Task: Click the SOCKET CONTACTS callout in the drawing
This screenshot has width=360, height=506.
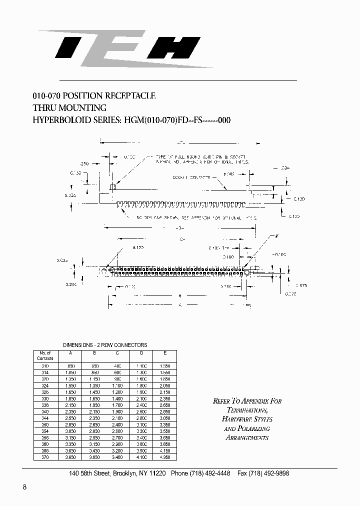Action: [x=189, y=177]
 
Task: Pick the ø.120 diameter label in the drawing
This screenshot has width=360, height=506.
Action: [x=138, y=248]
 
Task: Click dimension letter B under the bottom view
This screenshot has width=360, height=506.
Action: [x=179, y=296]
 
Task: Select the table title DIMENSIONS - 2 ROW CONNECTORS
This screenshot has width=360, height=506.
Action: [x=105, y=345]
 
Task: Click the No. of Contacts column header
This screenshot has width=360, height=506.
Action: [x=45, y=355]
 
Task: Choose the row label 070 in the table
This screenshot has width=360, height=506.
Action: [x=45, y=457]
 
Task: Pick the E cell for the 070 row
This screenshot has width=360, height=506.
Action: [x=165, y=457]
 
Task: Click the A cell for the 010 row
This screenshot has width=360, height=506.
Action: [x=70, y=366]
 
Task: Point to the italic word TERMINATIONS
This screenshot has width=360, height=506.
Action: [x=247, y=410]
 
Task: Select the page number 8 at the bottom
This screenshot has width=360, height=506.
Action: [x=24, y=487]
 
